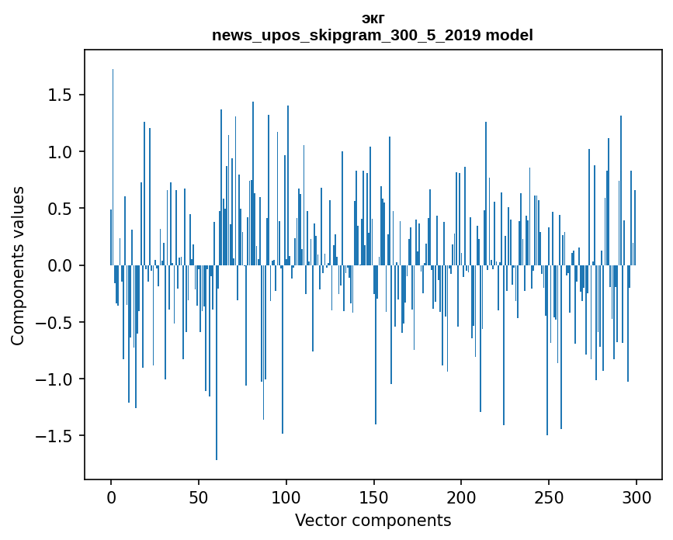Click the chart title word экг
pos(373,18)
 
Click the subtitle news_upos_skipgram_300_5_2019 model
pos(373,35)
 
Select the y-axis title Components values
pos(18,265)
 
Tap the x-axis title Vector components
pos(373,520)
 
